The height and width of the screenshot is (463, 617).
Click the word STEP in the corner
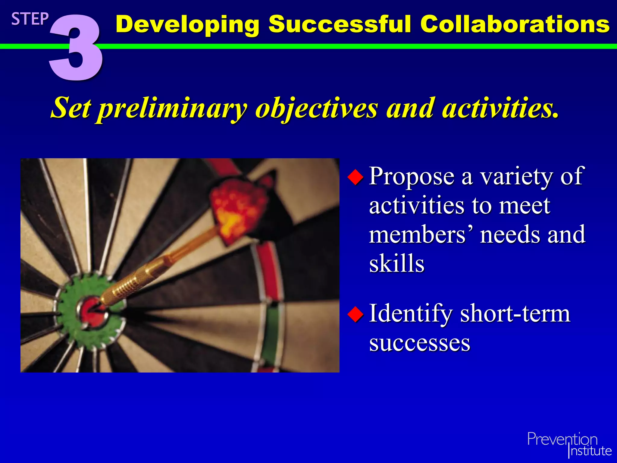(x=30, y=19)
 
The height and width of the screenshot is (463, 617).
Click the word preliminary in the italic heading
(x=172, y=109)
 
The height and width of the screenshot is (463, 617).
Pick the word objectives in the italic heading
(x=316, y=109)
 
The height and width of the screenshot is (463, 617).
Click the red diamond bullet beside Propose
(x=356, y=177)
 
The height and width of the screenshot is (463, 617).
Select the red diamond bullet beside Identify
(x=356, y=314)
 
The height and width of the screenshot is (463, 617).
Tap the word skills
(x=397, y=263)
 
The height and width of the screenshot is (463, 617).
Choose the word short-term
(x=515, y=313)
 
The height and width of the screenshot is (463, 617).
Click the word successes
(x=420, y=343)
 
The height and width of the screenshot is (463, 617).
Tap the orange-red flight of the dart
(x=238, y=208)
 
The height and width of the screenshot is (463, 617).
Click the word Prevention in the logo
(x=562, y=439)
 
